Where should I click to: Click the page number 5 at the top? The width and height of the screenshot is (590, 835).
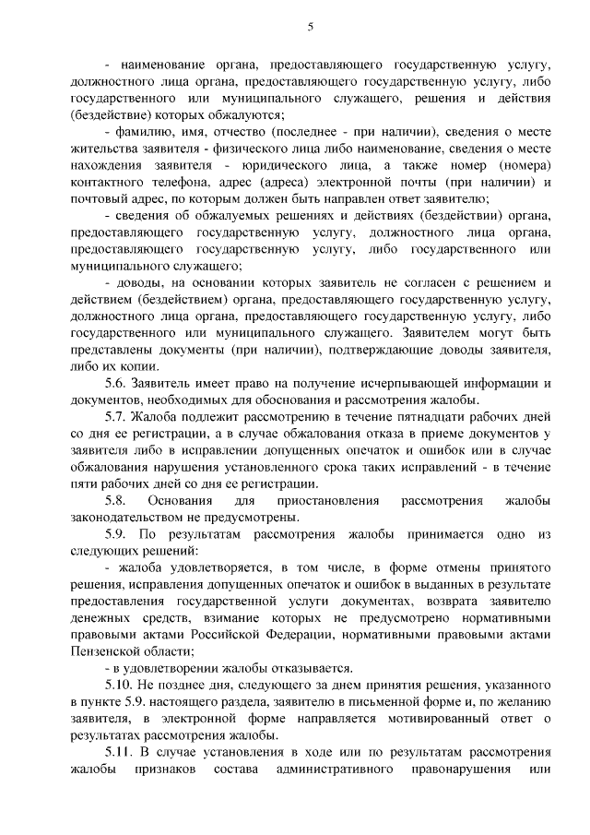[x=311, y=26]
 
